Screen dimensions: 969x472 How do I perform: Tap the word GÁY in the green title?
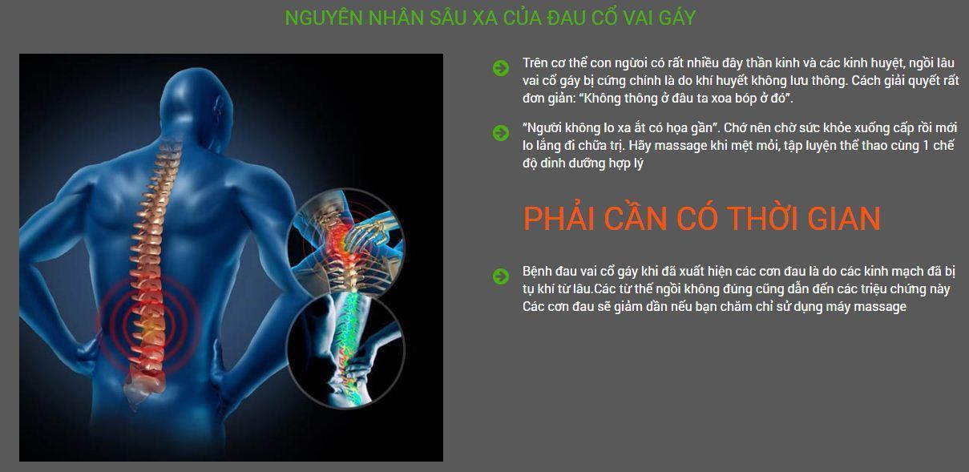tap(677, 18)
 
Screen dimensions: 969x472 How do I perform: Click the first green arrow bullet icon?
tap(501, 68)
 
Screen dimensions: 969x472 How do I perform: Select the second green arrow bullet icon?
tap(501, 133)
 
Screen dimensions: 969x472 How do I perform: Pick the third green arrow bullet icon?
tap(501, 276)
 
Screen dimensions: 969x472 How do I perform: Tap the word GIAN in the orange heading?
tap(843, 219)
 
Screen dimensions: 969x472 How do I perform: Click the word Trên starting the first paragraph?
tap(535, 63)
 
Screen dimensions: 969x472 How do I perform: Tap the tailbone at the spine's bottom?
tap(138, 392)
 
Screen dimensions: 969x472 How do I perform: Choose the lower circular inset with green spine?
tap(345, 350)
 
